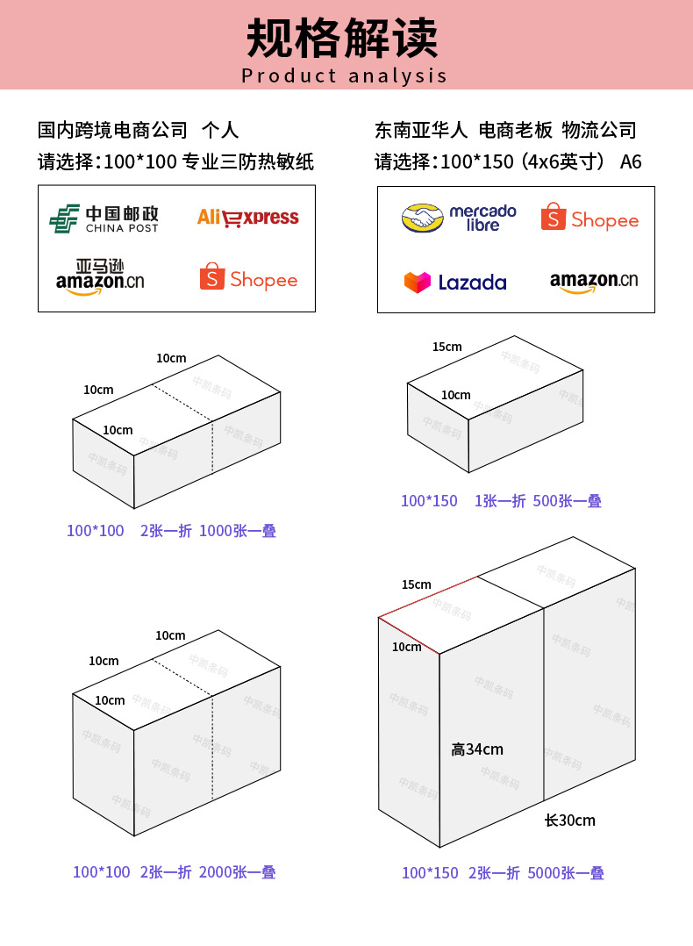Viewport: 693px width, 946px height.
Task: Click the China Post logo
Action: click(x=104, y=219)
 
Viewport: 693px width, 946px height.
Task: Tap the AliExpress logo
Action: click(x=247, y=217)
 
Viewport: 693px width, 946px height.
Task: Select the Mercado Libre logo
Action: click(x=459, y=218)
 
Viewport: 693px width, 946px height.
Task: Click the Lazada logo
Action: click(x=455, y=282)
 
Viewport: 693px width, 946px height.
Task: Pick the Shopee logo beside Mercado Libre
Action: click(x=589, y=218)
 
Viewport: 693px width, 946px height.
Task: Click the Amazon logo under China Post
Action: click(x=99, y=277)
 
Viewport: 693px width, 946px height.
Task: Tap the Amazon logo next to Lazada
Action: click(x=593, y=281)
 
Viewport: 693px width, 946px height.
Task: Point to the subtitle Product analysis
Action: click(x=345, y=75)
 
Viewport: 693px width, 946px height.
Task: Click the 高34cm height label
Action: click(x=477, y=749)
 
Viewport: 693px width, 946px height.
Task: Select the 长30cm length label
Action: click(x=569, y=821)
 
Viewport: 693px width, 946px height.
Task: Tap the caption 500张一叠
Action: click(x=567, y=501)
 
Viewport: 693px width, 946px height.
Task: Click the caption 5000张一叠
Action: click(x=566, y=873)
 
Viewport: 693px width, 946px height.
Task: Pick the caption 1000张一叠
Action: click(x=238, y=531)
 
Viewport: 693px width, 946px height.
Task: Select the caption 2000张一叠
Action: click(x=238, y=872)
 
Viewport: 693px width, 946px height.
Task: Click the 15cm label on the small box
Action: click(x=447, y=347)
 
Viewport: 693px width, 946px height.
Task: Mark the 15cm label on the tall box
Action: click(x=416, y=584)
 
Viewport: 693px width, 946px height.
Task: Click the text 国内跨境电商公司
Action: click(x=112, y=131)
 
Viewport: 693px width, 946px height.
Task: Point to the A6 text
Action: click(x=631, y=161)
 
